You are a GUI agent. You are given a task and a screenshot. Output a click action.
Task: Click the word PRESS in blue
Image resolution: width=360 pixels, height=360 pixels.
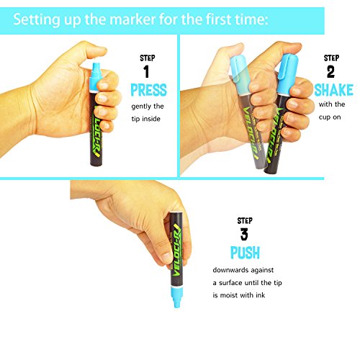pos(148,90)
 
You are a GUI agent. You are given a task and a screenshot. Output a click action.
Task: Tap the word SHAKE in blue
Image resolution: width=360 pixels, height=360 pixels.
pos(333,90)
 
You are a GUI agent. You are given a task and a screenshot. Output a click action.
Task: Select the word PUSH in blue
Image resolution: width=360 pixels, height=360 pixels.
pos(245,253)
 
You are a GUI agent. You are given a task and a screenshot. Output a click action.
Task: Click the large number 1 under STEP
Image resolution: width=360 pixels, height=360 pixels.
pos(146,71)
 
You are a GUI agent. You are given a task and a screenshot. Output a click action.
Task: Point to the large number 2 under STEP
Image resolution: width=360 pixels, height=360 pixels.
pos(330,71)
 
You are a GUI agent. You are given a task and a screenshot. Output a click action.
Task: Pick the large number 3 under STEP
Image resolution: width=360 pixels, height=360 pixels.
pos(244,234)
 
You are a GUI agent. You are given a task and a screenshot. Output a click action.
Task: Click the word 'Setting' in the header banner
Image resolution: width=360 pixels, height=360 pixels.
pos(37,19)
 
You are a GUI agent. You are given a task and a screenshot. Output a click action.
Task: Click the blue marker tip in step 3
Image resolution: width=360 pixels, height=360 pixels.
pos(177,297)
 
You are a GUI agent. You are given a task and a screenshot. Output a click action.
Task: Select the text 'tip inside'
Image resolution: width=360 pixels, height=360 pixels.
pos(145,119)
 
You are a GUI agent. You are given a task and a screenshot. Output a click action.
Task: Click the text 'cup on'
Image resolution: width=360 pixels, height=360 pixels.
pos(330,117)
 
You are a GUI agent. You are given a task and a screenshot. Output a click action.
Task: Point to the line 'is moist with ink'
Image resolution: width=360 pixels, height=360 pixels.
pos(239,295)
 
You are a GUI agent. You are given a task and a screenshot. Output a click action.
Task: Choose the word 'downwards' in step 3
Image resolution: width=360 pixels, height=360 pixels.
pos(228,270)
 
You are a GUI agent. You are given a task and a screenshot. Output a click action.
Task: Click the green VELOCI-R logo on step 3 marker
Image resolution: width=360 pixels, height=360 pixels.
pos(178,250)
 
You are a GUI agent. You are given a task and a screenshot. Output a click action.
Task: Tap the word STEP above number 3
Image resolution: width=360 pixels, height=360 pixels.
pos(245,220)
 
